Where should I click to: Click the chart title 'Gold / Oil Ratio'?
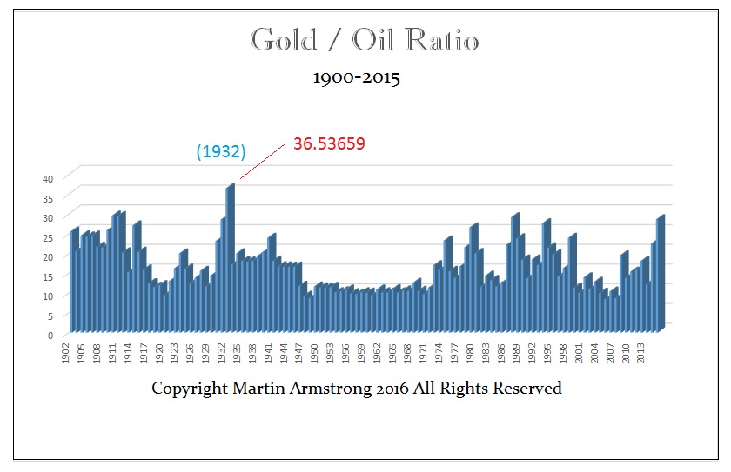tap(365, 40)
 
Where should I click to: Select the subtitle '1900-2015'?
tap(357, 78)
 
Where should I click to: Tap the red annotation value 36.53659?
tap(328, 144)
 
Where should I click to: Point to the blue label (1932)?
tap(220, 151)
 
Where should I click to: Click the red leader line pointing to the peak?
tap(262, 163)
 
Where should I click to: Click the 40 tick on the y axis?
tap(49, 178)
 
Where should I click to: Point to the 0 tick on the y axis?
tap(51, 335)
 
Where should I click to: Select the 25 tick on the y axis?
tap(49, 237)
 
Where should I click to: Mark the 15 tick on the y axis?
tap(49, 276)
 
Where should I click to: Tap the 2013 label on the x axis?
tap(640, 355)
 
